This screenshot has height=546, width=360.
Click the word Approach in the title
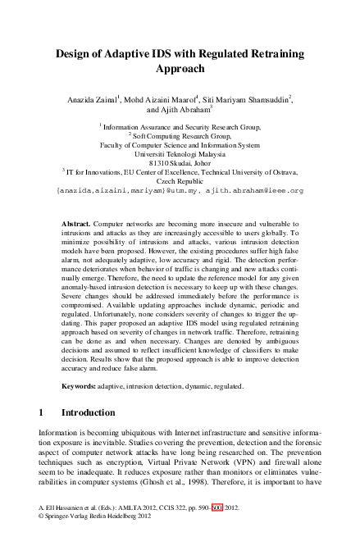[x=180, y=70]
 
